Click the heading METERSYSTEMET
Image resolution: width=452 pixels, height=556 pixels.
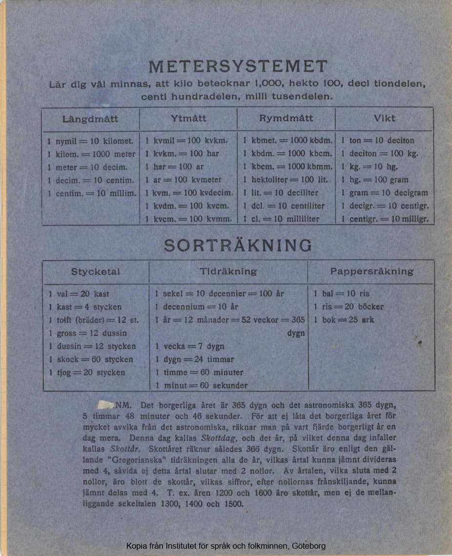pos(238,67)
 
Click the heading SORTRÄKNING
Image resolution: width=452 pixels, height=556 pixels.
pos(238,245)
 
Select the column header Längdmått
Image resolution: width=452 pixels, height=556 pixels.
pos(90,119)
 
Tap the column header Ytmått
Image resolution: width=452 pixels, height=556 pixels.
pos(189,119)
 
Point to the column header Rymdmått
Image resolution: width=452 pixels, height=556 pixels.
pos(286,119)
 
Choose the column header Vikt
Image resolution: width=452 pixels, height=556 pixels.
pos(384,119)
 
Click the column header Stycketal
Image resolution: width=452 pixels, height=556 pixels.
pos(95,272)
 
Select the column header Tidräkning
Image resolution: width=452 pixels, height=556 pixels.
pos(228,272)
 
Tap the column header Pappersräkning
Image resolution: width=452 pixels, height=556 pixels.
pos(371,272)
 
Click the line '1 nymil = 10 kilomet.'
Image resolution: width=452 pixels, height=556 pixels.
pos(90,141)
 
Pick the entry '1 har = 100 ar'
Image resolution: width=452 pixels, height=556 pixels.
pos(174,167)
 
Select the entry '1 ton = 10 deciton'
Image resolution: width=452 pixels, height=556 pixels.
pos(377,141)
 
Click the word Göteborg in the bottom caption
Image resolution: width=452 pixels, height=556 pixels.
pos(310,546)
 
